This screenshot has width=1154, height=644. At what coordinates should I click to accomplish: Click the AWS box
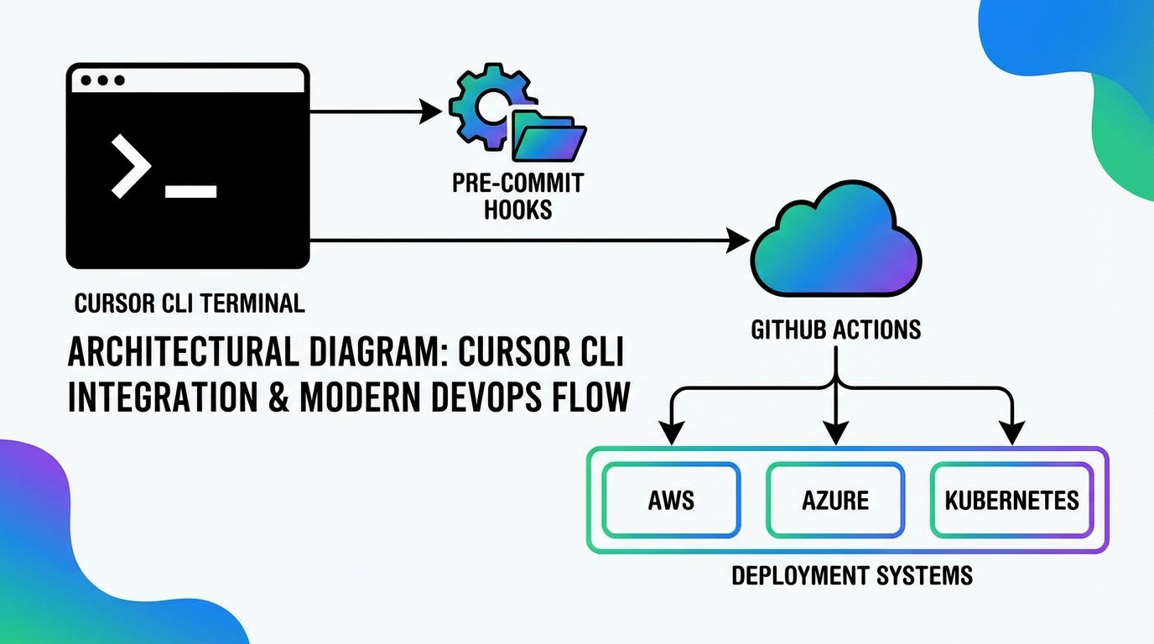click(671, 500)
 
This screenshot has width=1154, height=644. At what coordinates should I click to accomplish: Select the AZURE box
click(835, 500)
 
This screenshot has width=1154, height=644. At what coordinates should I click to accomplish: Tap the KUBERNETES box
click(1011, 500)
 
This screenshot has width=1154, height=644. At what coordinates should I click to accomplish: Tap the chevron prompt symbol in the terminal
click(131, 165)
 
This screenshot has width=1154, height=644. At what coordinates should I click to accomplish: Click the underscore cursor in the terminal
click(191, 192)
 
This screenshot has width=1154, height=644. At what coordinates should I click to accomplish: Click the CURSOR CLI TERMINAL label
click(190, 303)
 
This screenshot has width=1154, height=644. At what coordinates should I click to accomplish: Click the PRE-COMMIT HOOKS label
click(517, 195)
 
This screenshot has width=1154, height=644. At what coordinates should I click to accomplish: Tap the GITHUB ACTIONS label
click(835, 330)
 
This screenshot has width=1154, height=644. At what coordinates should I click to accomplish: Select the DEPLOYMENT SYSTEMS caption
click(852, 575)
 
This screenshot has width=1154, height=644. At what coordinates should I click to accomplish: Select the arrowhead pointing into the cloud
click(739, 241)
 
